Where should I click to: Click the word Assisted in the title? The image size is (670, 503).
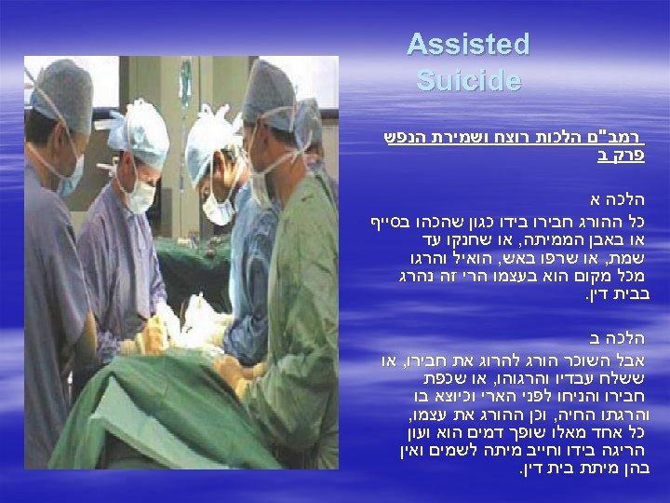pos(468,45)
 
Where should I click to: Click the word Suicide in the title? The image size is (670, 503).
pos(469,81)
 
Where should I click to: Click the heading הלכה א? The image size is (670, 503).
pos(622,200)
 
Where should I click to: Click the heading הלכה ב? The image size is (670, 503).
pos(622,336)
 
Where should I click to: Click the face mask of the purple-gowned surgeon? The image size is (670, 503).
pos(141,196)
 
